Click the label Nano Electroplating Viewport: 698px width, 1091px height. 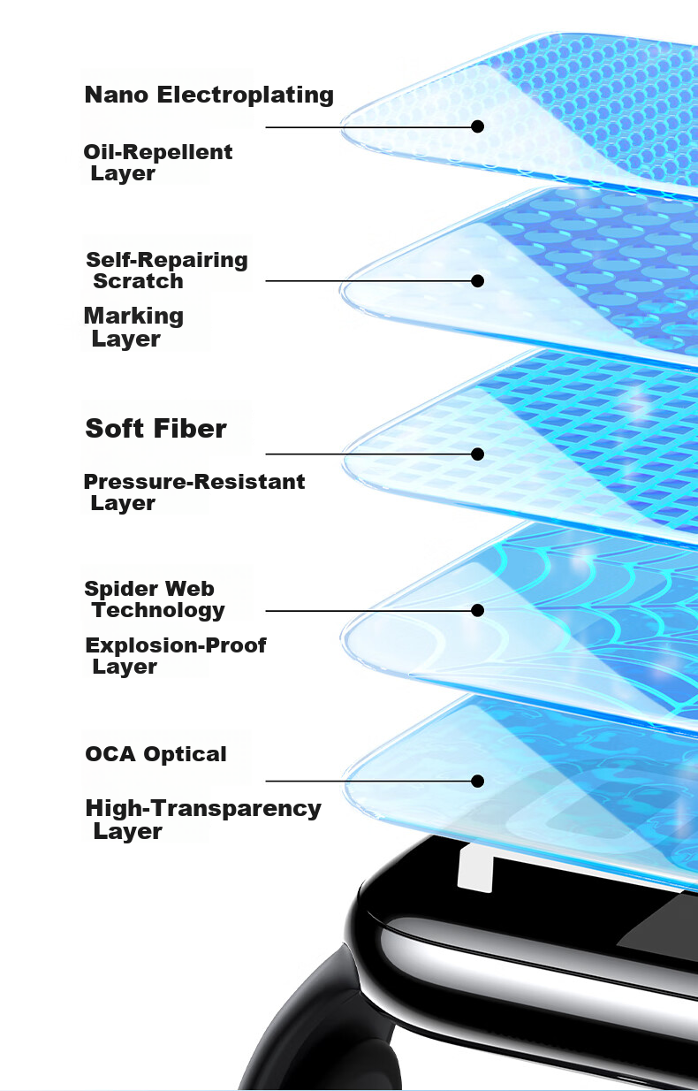(x=209, y=95)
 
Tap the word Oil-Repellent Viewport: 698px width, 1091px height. (x=157, y=152)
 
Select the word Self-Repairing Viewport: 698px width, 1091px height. (x=167, y=260)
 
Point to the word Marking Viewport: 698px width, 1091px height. (x=133, y=317)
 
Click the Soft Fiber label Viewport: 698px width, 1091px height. (x=156, y=429)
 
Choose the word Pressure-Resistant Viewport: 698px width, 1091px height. (x=194, y=482)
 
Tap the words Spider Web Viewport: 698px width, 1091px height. (x=149, y=589)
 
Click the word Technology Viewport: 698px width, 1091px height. (x=159, y=611)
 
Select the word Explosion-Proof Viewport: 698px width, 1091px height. (x=176, y=645)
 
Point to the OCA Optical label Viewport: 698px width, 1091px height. (x=156, y=754)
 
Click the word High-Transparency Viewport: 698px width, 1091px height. (x=203, y=809)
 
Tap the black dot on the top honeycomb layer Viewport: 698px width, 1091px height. (x=477, y=126)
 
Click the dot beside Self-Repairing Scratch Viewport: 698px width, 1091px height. (x=477, y=281)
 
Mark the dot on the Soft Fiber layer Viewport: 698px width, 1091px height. (x=477, y=454)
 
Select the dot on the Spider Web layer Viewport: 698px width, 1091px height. (x=477, y=610)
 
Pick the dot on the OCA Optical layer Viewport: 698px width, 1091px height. (x=477, y=782)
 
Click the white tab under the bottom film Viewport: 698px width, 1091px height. (x=475, y=869)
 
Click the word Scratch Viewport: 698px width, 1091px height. (x=138, y=281)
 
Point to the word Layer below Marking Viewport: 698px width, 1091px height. (x=126, y=340)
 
